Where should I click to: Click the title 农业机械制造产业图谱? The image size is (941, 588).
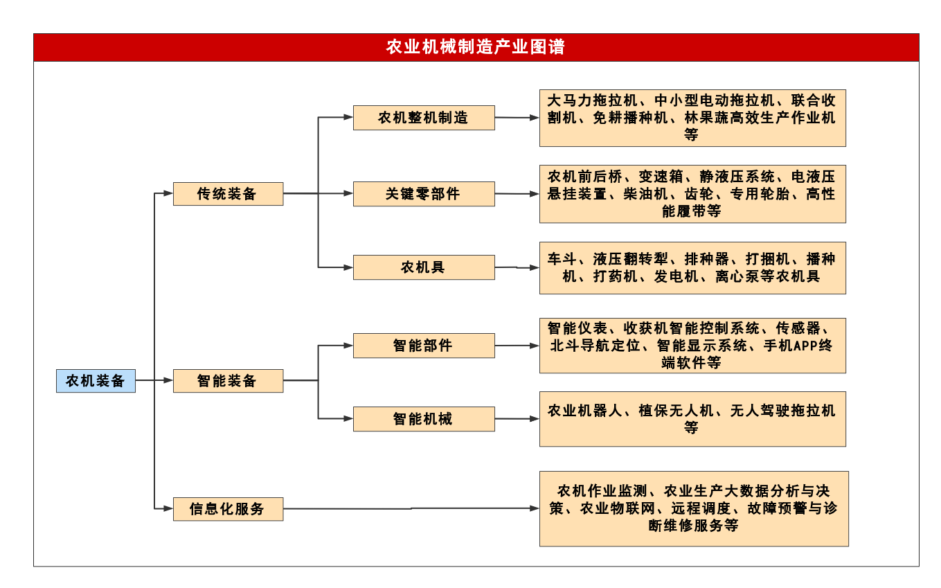click(x=475, y=46)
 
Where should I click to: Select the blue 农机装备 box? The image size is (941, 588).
click(x=96, y=381)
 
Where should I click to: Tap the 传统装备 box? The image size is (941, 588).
click(x=228, y=194)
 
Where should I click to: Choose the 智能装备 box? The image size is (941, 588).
click(x=228, y=381)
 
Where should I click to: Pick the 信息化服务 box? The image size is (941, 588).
click(x=228, y=509)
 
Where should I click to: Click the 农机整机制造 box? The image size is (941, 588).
click(x=424, y=118)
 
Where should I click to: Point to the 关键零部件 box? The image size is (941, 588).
click(x=424, y=194)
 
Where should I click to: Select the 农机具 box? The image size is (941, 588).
click(x=424, y=267)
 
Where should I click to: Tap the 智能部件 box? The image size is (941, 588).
click(x=424, y=346)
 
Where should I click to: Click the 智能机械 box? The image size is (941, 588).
click(x=424, y=419)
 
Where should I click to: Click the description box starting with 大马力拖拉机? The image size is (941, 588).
click(x=692, y=118)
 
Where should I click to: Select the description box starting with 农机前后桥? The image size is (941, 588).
click(x=692, y=194)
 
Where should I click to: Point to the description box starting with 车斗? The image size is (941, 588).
click(x=692, y=268)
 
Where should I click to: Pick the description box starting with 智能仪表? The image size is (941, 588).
click(x=692, y=346)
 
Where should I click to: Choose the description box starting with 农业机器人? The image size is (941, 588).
click(x=692, y=419)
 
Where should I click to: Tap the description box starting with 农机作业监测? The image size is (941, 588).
click(x=694, y=509)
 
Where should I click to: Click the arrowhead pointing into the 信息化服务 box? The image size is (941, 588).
click(x=168, y=508)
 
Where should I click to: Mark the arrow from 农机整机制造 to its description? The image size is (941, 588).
click(x=517, y=118)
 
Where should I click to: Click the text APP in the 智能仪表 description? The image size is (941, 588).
click(x=806, y=346)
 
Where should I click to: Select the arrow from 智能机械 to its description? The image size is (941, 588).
click(x=517, y=419)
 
